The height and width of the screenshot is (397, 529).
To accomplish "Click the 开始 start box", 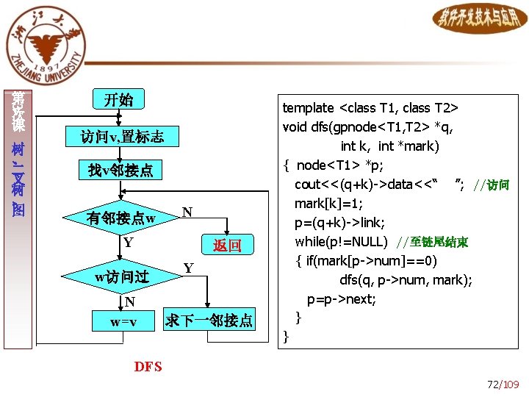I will [118, 100].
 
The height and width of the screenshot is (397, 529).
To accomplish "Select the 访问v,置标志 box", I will [122, 136].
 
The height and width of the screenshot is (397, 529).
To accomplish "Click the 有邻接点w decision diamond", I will [121, 218].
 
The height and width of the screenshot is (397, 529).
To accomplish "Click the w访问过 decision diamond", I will [122, 277].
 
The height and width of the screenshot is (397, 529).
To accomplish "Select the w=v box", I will [123, 322].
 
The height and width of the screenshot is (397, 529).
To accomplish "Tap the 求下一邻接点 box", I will [209, 321].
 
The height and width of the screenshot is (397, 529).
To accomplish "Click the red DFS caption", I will [148, 366].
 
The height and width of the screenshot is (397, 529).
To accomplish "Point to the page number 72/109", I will [503, 384].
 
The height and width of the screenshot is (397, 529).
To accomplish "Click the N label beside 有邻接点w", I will [187, 212].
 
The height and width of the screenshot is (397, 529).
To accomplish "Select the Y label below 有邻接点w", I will [128, 242].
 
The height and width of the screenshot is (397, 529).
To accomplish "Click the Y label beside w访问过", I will [188, 268].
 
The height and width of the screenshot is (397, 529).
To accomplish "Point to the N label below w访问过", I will [129, 301].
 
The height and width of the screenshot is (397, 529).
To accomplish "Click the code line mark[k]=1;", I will [329, 204].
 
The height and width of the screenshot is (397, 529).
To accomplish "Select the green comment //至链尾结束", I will [432, 242].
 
